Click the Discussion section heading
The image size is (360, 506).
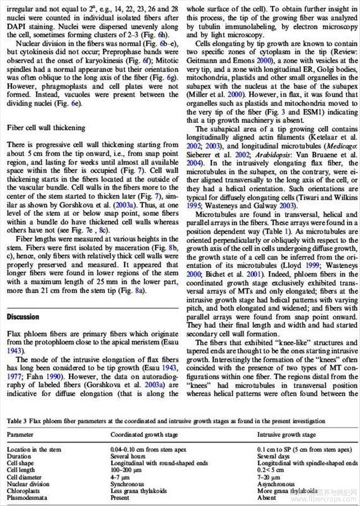pos(23,317)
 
